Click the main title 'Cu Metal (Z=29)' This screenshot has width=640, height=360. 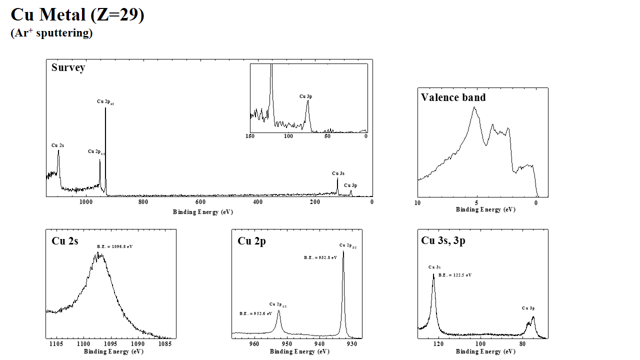click(x=77, y=14)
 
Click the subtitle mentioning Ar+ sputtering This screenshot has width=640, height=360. click(x=51, y=33)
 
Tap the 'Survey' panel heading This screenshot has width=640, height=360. click(x=68, y=67)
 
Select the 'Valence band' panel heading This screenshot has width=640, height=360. click(x=453, y=97)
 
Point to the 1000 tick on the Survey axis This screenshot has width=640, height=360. click(x=86, y=202)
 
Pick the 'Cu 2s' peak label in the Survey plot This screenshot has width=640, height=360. click(x=57, y=145)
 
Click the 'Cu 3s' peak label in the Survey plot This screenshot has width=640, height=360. click(x=338, y=173)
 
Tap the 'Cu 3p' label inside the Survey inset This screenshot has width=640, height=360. click(x=306, y=96)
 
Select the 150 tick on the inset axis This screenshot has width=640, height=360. click(x=250, y=136)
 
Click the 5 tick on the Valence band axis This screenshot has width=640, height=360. click(x=476, y=203)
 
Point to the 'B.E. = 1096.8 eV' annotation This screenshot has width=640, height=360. click(x=114, y=246)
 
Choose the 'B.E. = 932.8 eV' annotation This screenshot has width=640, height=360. click(x=320, y=257)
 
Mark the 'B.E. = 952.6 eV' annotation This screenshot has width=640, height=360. click(x=255, y=313)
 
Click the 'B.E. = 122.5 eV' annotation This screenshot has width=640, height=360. click(x=455, y=275)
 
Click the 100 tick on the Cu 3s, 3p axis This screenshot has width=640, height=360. click(x=480, y=344)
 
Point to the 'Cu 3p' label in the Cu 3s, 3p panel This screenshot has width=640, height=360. click(x=528, y=308)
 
